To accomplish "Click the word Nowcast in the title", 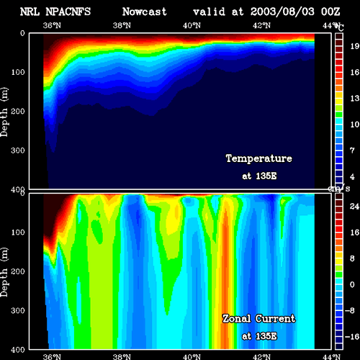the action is [x=144, y=12].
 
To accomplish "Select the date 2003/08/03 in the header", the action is [x=282, y=12].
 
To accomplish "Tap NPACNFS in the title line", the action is [x=68, y=12].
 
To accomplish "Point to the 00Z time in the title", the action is [x=330, y=12].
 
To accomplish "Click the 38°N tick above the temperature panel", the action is [x=122, y=25].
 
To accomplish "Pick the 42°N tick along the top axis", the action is [x=261, y=25].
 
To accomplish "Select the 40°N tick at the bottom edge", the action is [x=192, y=356].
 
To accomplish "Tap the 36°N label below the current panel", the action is [x=52, y=356].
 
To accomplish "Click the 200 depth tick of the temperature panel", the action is [x=18, y=111].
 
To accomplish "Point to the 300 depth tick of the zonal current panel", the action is [x=18, y=310].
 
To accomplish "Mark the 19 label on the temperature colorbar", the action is [x=354, y=46].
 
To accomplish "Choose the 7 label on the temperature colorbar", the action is [x=352, y=150].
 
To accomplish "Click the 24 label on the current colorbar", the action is [x=354, y=207].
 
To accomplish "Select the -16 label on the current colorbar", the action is [x=352, y=337].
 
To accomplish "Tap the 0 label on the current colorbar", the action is [x=352, y=284].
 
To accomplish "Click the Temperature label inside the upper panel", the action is [x=259, y=158].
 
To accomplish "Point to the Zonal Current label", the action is [x=259, y=319].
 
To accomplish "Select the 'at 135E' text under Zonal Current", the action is [x=259, y=336].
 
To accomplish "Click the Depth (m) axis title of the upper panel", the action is [x=4, y=112].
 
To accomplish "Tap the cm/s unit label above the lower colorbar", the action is [x=339, y=189].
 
